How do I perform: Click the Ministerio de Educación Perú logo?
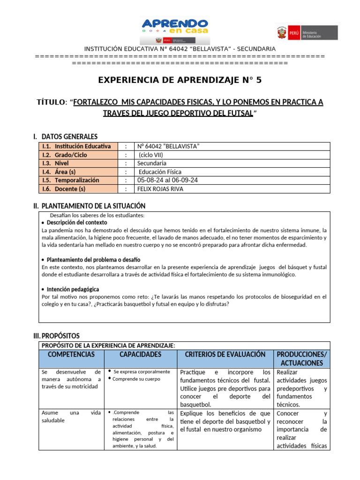(306, 33)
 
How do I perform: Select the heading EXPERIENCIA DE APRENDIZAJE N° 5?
(180, 80)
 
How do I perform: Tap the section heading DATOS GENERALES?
(69, 136)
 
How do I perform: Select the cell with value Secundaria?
(151, 163)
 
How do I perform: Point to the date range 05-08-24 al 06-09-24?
(167, 180)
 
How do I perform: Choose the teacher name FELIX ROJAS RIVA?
(161, 189)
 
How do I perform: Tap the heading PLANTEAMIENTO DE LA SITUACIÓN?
(93, 206)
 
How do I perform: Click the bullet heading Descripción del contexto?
(77, 223)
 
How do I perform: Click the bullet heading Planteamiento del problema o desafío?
(93, 259)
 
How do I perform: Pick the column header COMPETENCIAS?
(71, 354)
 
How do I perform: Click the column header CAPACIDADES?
(140, 354)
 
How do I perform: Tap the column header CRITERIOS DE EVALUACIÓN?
(225, 354)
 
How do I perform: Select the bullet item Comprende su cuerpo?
(136, 379)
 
